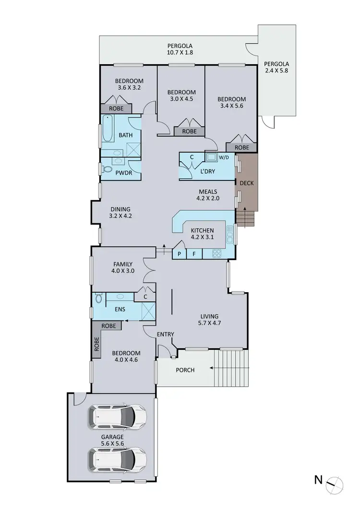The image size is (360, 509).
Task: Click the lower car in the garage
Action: pos(117,459)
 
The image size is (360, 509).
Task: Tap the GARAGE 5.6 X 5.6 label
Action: pos(112,440)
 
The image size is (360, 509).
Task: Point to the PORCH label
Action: pos(185,369)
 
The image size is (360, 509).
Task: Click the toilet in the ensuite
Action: pos(99,298)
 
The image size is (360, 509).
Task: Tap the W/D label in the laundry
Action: pos(224,157)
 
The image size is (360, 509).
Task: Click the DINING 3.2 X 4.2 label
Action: pos(120,213)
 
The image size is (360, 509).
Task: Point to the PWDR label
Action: pos(121,171)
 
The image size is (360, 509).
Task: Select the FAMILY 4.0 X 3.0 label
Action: pos(123,267)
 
